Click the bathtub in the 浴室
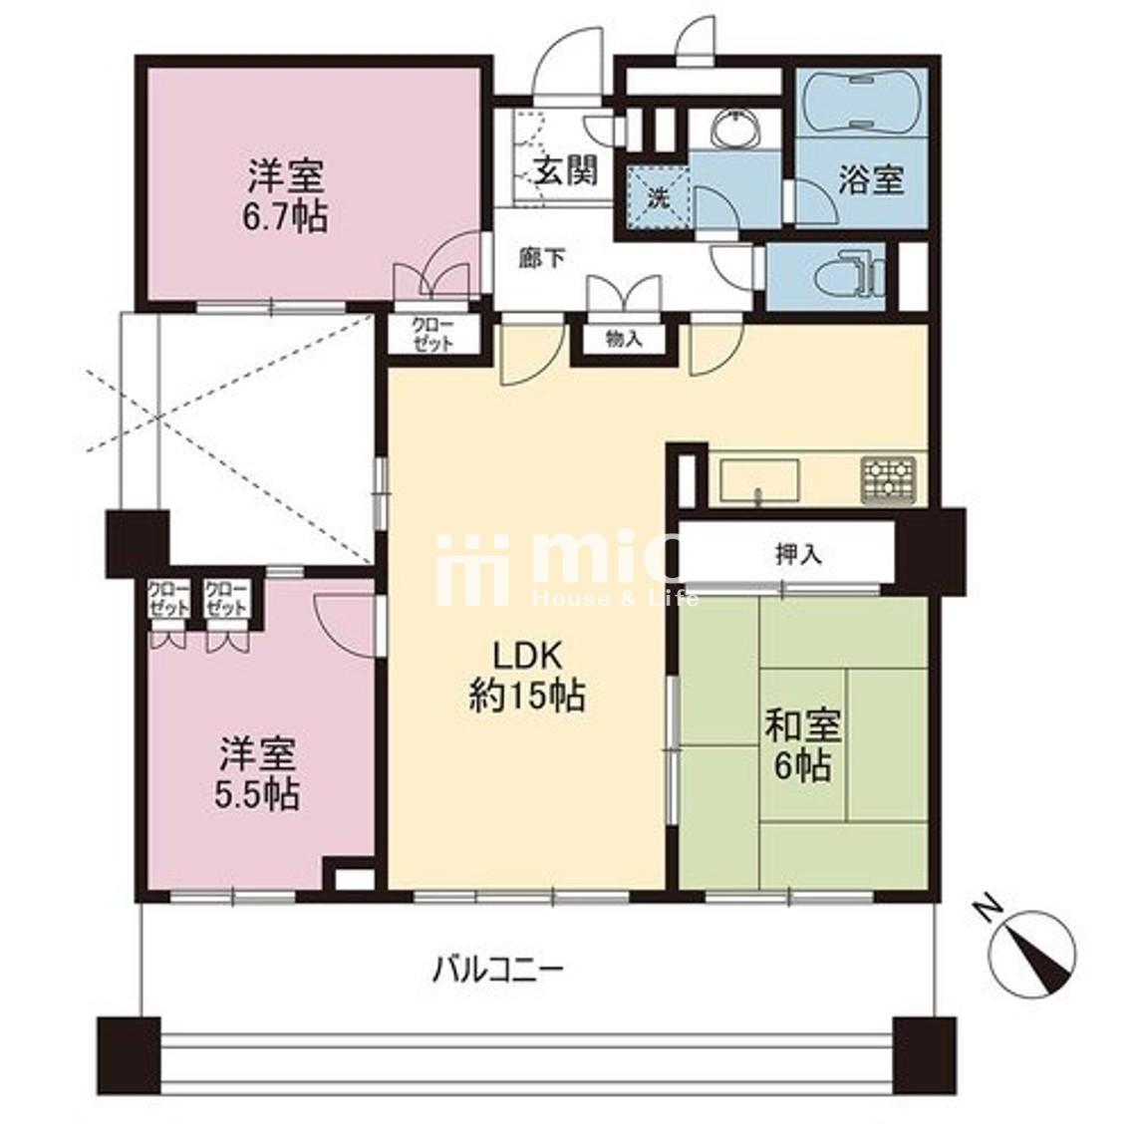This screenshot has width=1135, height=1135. (861, 102)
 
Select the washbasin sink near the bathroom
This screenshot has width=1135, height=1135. (734, 131)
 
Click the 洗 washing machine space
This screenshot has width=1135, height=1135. (658, 197)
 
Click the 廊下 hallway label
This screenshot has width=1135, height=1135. (544, 258)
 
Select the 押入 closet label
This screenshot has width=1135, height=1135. (798, 555)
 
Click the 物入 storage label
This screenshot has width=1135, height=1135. (624, 339)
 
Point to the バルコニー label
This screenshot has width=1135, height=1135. (498, 969)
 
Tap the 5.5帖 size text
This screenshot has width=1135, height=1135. (256, 794)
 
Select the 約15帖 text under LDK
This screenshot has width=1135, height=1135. (527, 697)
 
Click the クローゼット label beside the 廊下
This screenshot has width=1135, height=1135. (432, 334)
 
